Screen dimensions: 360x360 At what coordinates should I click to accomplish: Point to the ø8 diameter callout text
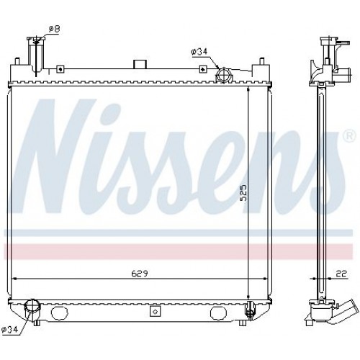(53, 29)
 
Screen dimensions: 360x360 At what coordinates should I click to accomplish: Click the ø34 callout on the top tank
(199, 51)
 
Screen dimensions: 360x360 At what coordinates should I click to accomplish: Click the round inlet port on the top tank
(224, 73)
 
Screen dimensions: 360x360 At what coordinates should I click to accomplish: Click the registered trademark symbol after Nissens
(348, 135)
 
